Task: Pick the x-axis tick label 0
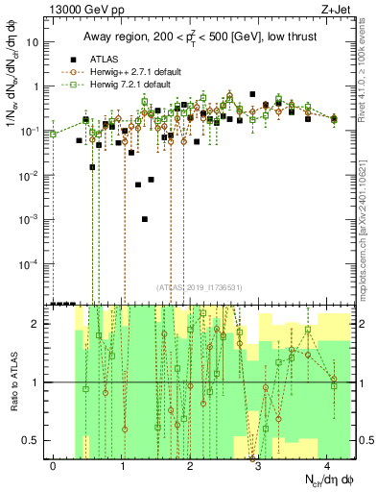click(x=53, y=465)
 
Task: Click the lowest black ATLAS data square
click(x=145, y=219)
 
